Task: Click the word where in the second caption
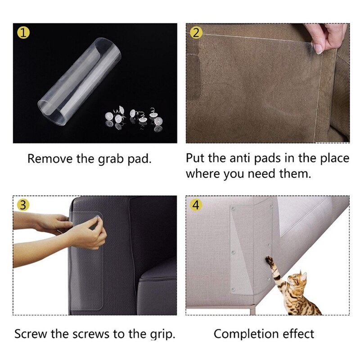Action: coord(201,174)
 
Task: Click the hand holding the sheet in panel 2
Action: coord(325,38)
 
